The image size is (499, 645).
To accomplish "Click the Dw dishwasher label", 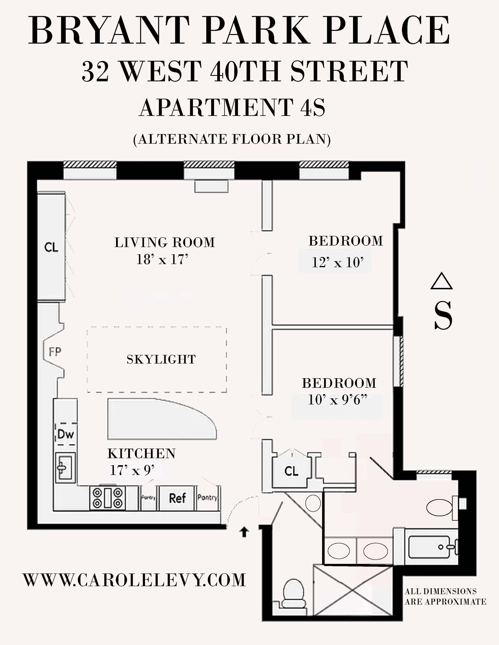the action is click(x=66, y=434).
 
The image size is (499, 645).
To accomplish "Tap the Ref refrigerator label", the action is click(x=177, y=498).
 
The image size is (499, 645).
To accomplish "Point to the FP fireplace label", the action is click(x=55, y=352).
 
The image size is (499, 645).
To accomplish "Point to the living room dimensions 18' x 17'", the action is click(x=162, y=260).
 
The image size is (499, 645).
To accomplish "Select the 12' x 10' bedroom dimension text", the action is click(x=338, y=262).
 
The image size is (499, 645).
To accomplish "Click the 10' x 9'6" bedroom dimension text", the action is click(x=338, y=400).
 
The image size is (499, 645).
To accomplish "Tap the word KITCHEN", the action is click(x=141, y=454).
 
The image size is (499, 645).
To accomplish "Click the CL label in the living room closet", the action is click(x=51, y=247).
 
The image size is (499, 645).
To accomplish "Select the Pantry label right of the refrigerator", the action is click(x=207, y=498).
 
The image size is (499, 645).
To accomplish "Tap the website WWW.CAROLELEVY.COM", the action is click(x=134, y=579).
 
